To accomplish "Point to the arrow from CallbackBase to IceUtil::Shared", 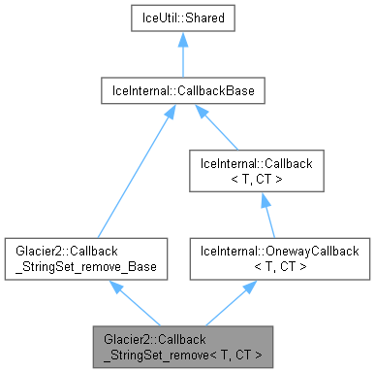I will click(187, 61).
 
